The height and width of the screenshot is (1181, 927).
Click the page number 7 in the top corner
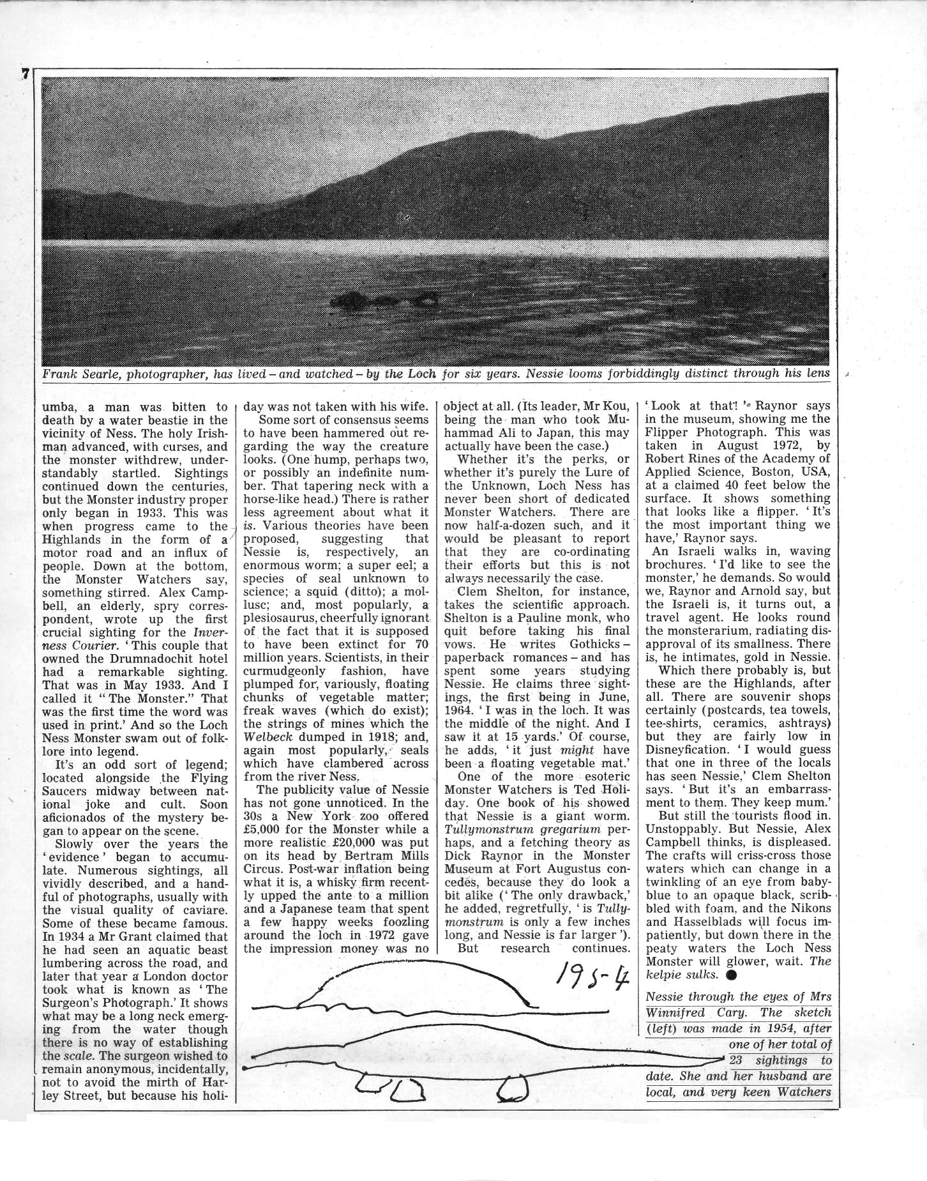pos(25,74)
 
